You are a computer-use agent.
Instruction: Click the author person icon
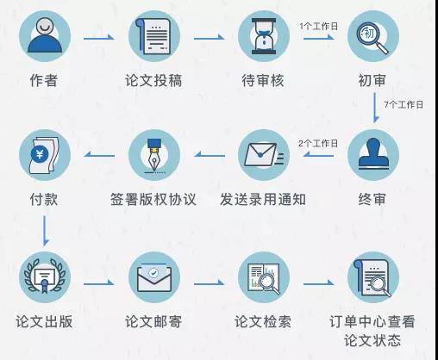(x=45, y=36)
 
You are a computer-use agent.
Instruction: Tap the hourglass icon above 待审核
(x=264, y=36)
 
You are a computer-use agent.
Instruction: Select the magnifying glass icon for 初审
(x=372, y=37)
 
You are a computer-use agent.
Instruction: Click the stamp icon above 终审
(x=373, y=153)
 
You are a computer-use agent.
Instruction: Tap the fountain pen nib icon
(x=154, y=156)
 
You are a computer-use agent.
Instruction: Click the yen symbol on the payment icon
(x=40, y=153)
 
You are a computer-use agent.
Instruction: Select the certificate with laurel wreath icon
(x=45, y=276)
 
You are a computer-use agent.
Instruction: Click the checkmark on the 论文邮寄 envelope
(x=153, y=272)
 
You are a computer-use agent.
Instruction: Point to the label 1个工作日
(x=318, y=27)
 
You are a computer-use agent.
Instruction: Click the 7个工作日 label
(x=404, y=104)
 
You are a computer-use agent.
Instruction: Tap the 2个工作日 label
(x=318, y=143)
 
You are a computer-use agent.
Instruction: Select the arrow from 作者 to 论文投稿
(x=99, y=38)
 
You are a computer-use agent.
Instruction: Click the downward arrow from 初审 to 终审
(x=375, y=108)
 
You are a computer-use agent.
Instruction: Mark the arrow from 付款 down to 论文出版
(x=45, y=231)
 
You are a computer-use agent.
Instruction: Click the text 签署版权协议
(x=153, y=199)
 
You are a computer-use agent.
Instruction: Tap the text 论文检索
(x=263, y=321)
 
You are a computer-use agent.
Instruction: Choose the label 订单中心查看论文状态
(x=372, y=331)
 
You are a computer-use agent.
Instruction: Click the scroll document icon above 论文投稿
(x=153, y=36)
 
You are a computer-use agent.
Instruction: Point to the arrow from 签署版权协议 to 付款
(x=99, y=155)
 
